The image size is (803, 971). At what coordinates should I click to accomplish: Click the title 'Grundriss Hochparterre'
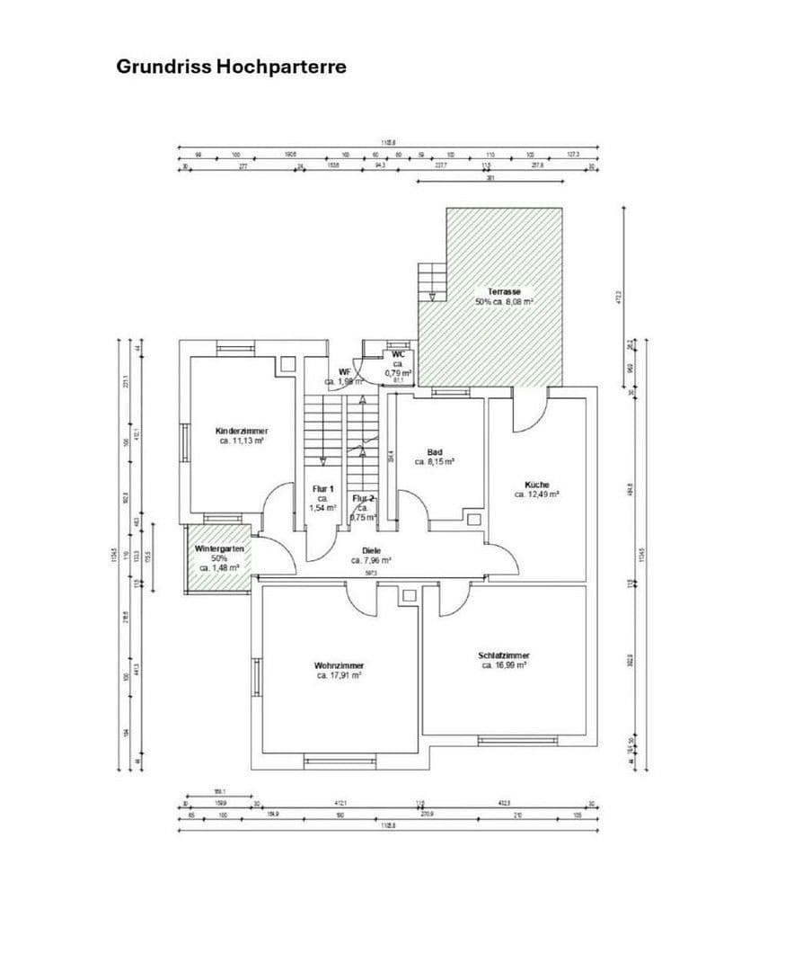231,67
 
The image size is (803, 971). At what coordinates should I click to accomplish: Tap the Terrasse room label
504,291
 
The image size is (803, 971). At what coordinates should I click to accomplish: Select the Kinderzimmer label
242,431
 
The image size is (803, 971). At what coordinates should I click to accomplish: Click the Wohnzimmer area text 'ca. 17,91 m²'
339,675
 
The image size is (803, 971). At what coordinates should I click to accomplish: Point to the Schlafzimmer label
503,655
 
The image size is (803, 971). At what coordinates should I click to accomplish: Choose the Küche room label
537,484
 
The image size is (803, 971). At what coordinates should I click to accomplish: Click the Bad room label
435,451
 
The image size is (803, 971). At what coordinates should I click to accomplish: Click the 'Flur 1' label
323,488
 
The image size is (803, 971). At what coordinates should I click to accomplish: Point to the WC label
398,354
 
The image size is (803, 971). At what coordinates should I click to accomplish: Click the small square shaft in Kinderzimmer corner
287,365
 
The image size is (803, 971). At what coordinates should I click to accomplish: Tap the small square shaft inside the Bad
473,518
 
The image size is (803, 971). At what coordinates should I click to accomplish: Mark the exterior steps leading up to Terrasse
432,283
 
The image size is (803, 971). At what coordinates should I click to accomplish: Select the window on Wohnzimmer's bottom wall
339,762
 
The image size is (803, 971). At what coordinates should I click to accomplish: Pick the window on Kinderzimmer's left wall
183,441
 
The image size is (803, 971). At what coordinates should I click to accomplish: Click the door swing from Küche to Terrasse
527,412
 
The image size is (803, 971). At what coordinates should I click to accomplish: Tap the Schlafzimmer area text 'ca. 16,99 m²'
503,666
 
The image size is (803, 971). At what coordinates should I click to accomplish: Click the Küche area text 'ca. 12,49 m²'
537,494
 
